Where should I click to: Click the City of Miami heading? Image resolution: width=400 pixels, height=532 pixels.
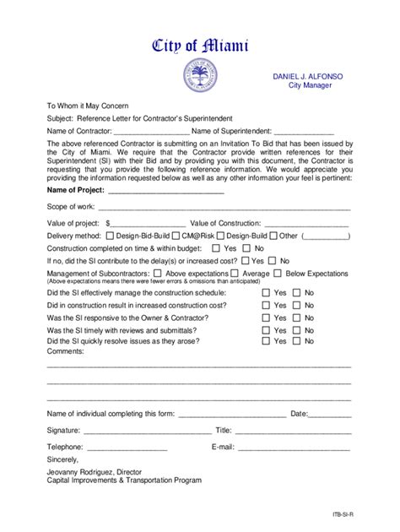point(199,46)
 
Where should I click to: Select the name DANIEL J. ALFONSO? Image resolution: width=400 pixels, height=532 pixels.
point(306,75)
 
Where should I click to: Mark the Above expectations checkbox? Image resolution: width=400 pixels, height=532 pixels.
point(159,274)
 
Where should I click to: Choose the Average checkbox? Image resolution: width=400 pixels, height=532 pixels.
point(235,274)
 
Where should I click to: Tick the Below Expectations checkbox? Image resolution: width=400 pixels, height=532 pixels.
point(278,274)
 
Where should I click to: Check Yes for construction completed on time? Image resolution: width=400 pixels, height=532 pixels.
point(216,249)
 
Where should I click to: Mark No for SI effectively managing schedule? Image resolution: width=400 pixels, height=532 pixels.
point(297,292)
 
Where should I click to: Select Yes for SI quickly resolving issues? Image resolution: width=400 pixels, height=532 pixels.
point(266,341)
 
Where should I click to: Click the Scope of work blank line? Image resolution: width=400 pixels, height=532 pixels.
point(224,207)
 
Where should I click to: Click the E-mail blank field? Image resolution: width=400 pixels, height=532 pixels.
point(293,447)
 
